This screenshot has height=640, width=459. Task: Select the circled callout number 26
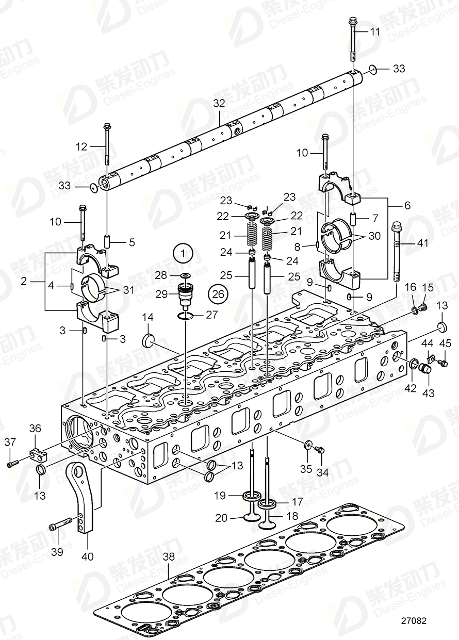click(x=218, y=294)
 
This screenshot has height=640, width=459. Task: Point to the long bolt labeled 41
click(x=396, y=252)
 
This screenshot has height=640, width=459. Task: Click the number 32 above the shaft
click(x=219, y=103)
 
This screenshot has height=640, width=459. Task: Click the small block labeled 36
click(x=39, y=454)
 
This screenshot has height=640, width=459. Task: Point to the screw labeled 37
click(x=12, y=464)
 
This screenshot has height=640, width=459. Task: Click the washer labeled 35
click(x=308, y=444)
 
